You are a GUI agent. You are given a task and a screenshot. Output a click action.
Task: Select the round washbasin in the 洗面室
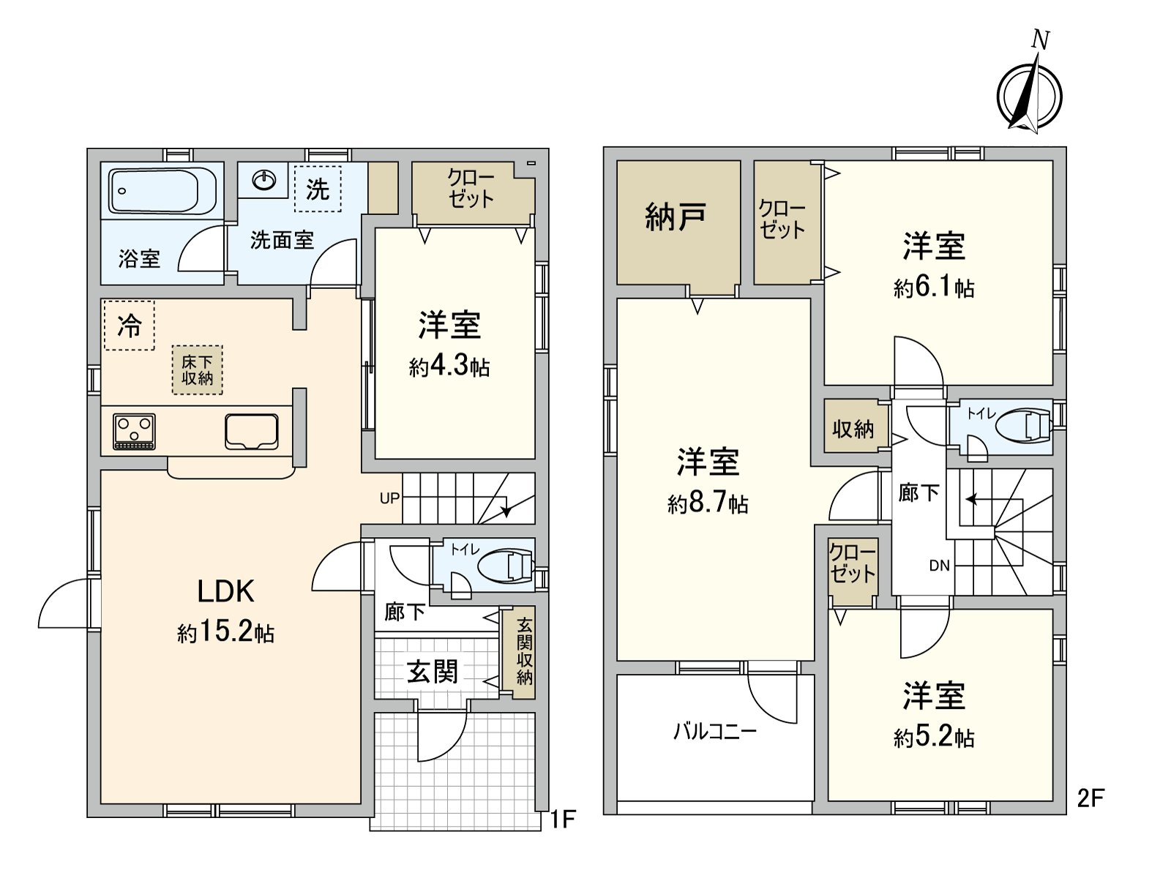263,179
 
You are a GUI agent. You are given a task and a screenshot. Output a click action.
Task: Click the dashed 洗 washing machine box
318,190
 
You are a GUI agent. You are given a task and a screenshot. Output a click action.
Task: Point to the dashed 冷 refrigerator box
130,326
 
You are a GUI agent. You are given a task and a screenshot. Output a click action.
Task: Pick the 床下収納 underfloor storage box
198,370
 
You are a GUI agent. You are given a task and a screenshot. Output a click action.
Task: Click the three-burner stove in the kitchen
135,431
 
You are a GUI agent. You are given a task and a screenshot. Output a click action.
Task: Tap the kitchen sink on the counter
252,431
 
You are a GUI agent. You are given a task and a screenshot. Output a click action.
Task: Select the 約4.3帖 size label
449,367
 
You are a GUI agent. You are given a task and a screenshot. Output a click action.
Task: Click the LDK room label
225,591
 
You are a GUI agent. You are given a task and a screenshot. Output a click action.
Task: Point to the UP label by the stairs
389,498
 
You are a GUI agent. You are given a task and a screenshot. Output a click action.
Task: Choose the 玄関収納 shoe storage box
524,652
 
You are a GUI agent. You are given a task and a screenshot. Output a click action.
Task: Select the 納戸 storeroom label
676,217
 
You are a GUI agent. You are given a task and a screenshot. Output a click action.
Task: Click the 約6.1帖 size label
933,288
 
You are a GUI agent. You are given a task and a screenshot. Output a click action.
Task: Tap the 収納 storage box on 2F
853,429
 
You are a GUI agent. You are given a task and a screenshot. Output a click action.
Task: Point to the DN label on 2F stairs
939,566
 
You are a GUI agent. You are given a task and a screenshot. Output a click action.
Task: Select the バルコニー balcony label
714,731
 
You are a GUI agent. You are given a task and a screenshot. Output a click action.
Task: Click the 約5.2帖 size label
933,737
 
